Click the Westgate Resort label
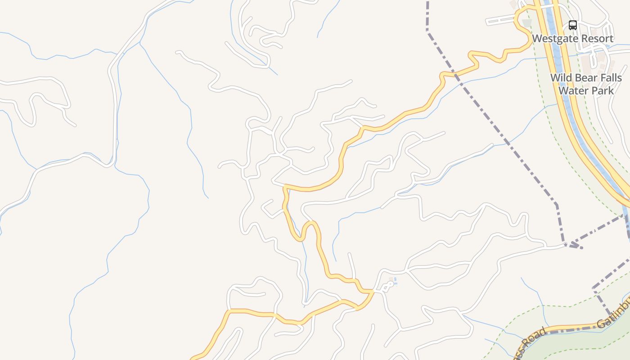(x=572, y=39)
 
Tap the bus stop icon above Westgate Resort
(x=572, y=25)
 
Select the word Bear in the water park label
(x=586, y=77)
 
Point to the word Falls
(x=610, y=77)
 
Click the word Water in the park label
(x=574, y=90)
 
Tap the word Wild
(x=562, y=77)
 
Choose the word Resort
(x=594, y=39)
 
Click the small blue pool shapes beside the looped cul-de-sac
(x=395, y=281)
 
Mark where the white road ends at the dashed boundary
(x=565, y=245)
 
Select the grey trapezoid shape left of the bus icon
(x=526, y=22)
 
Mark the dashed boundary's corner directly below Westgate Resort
(x=557, y=205)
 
